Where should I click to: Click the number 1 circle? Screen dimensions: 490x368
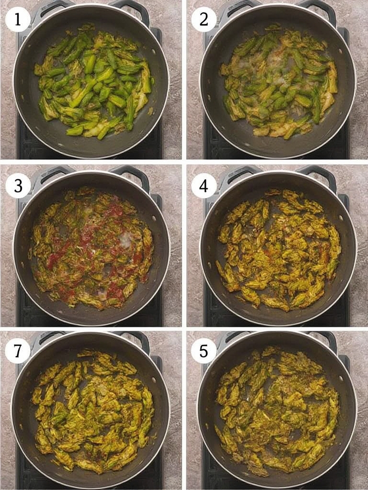click(18, 20)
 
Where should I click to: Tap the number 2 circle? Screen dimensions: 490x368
click(204, 20)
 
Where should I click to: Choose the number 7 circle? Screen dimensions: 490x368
click(18, 351)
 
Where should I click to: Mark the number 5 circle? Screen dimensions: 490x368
click(204, 351)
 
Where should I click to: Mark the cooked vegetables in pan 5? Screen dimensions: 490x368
click(278, 412)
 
